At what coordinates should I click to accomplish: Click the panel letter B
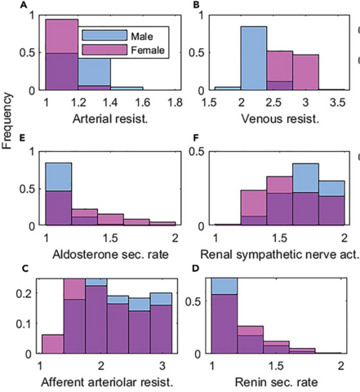tap(195, 7)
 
